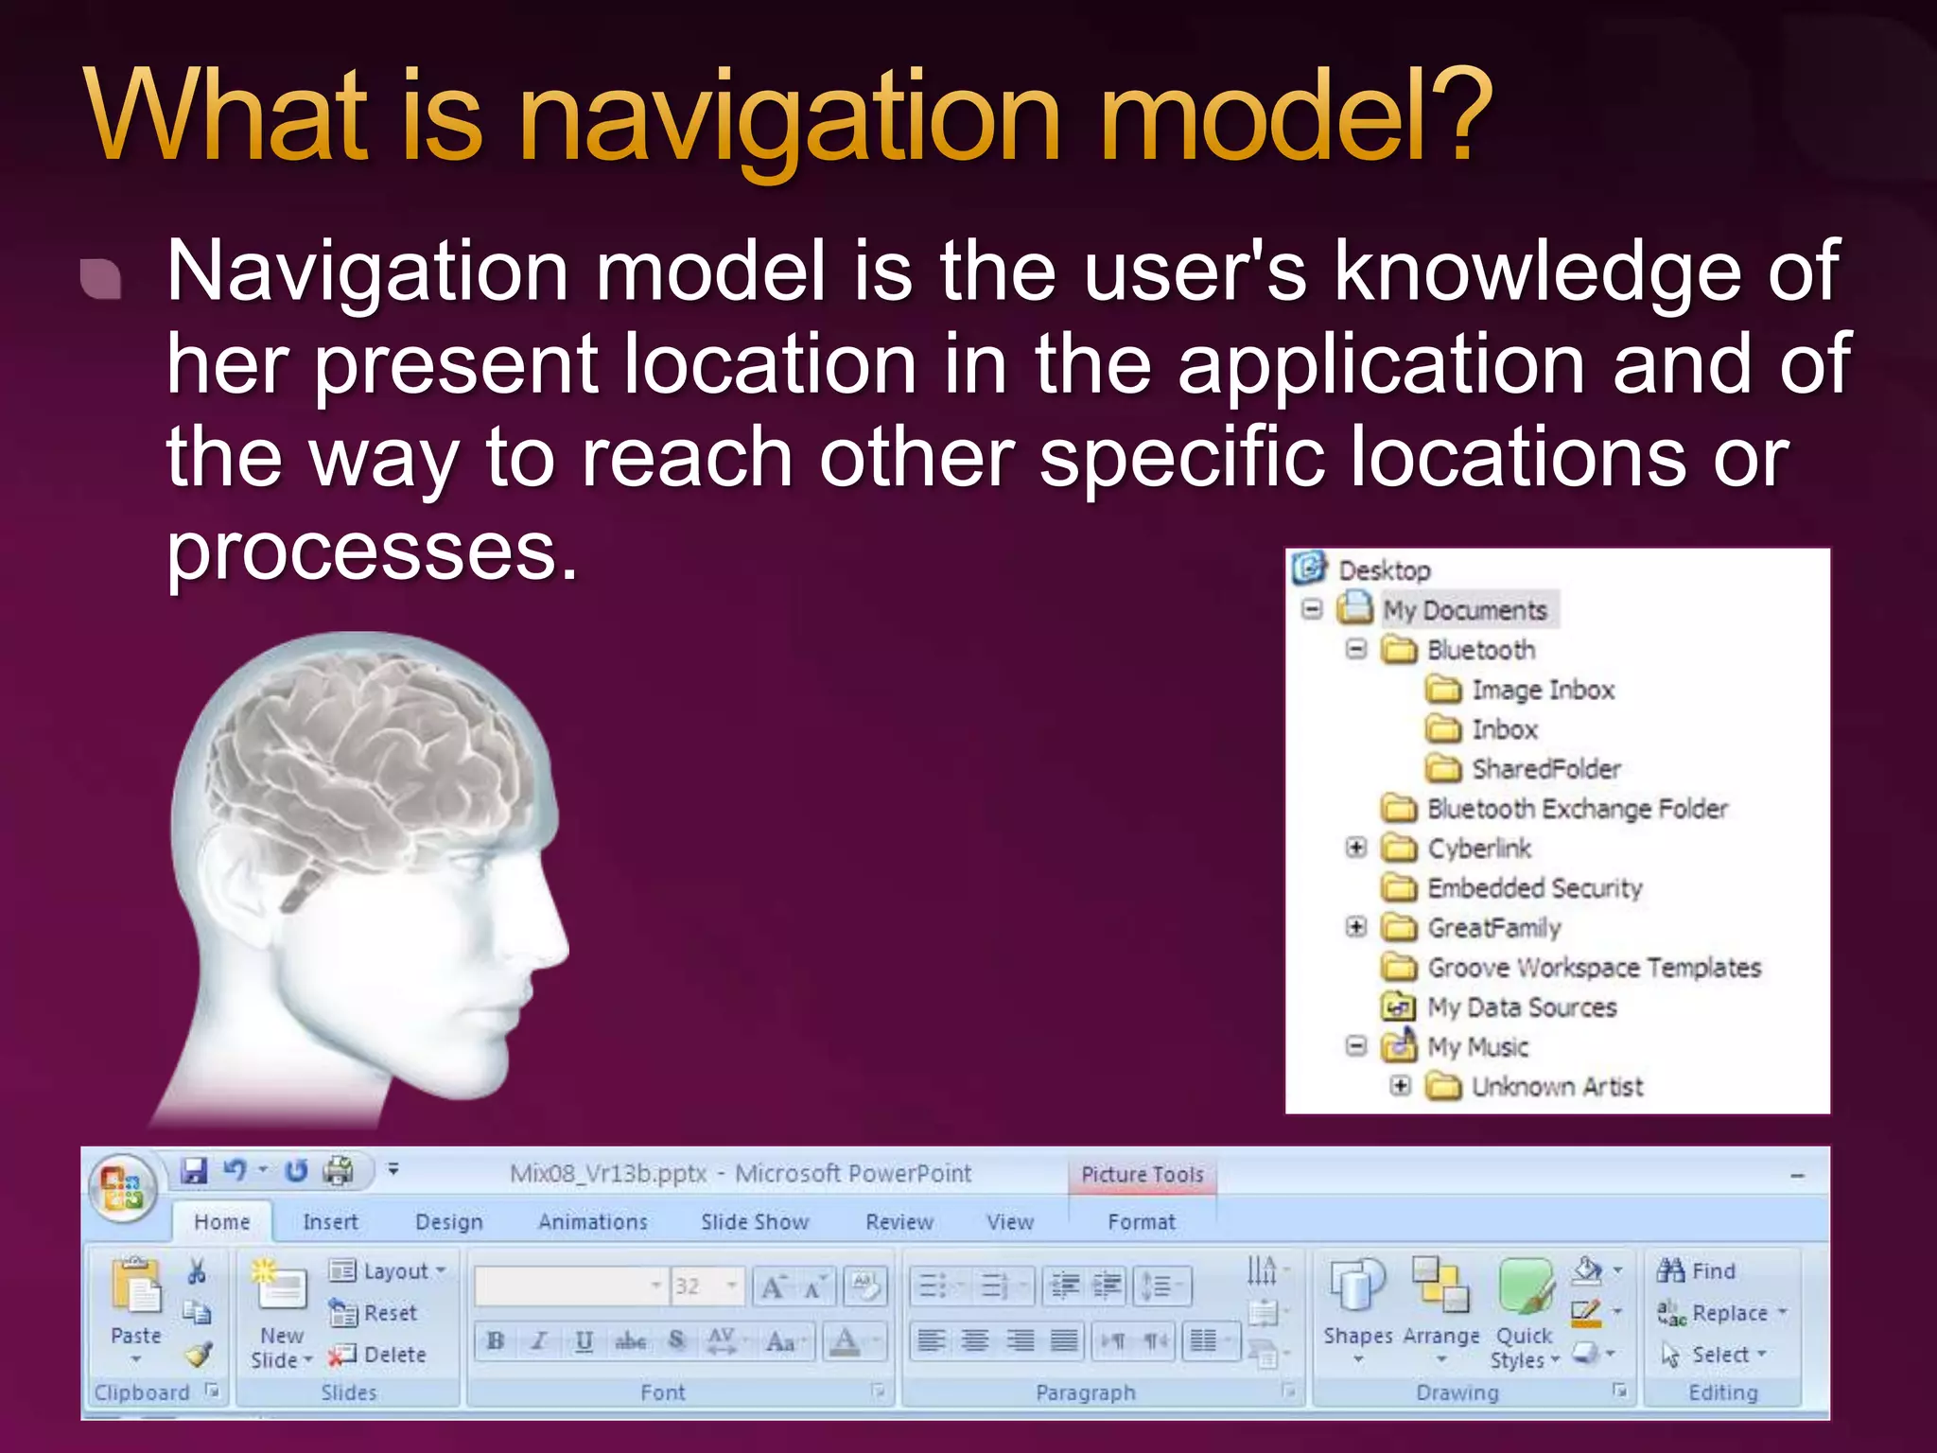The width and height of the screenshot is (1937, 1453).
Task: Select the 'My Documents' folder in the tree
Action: (1464, 610)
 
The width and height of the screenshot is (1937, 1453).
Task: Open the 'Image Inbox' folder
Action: (1542, 690)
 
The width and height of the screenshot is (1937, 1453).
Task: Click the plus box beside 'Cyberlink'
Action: (1356, 848)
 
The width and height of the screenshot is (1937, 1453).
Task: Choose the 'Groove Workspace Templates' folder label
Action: (1594, 968)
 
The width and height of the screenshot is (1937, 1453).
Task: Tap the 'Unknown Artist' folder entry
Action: (1557, 1087)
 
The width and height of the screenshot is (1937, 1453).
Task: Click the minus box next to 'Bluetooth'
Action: (1356, 649)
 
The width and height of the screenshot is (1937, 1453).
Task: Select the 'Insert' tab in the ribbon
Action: (330, 1222)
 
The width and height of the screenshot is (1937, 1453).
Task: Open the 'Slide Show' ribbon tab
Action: (755, 1222)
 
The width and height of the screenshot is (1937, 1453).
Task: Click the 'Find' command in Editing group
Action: (1699, 1270)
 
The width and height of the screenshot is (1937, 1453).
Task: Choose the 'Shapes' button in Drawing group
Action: (1357, 1305)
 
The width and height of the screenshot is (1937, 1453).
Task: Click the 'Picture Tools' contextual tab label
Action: (1143, 1174)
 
